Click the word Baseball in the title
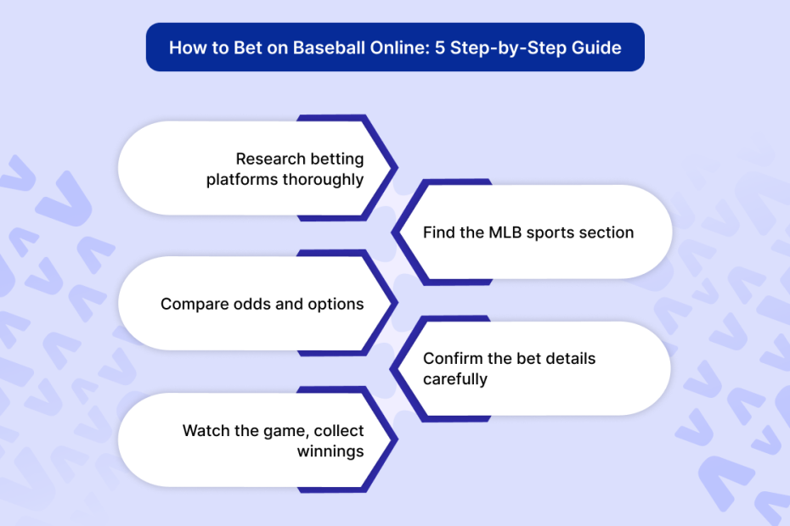(330, 48)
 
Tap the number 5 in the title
(440, 48)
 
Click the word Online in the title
(400, 48)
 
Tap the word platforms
(242, 180)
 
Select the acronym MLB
(505, 232)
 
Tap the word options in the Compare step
(336, 305)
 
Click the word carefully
(455, 379)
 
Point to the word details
(570, 358)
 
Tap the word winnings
(330, 452)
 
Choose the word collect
(339, 431)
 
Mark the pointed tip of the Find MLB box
(392, 232)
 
